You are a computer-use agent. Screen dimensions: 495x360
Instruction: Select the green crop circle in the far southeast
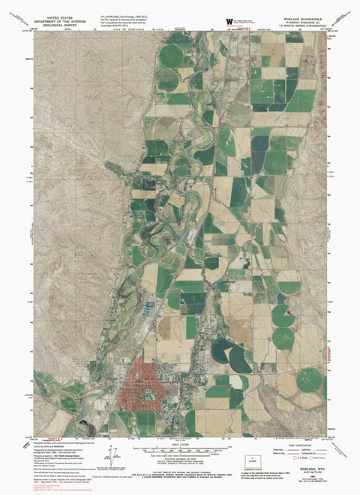[308, 379]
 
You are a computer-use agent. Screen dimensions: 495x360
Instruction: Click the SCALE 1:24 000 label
[179, 443]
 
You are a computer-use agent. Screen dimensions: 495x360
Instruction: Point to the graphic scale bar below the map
[179, 450]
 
